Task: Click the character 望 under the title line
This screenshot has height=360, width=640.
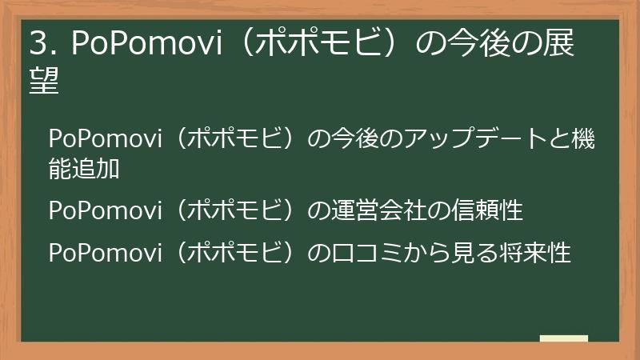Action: (45, 81)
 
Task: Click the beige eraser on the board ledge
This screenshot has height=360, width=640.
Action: (563, 338)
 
